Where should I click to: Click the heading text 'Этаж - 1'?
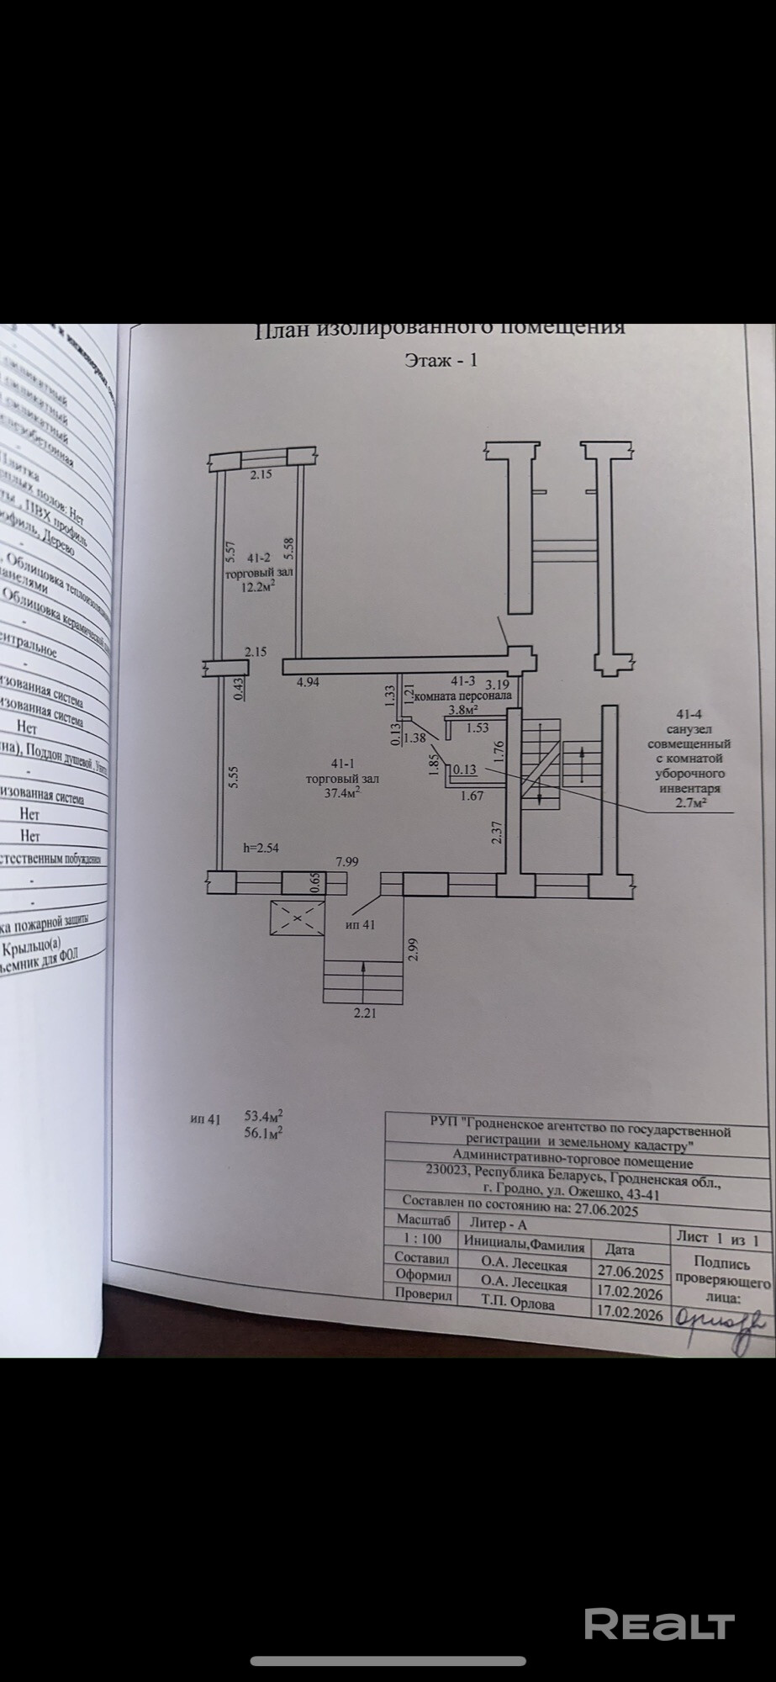pyautogui.click(x=441, y=360)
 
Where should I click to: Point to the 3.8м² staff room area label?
pyautogui.click(x=462, y=709)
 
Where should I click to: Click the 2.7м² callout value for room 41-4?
pyautogui.click(x=689, y=804)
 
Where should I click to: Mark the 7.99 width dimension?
pyautogui.click(x=347, y=861)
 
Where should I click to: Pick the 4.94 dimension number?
pyautogui.click(x=308, y=682)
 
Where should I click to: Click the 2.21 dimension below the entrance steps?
pyautogui.click(x=364, y=1013)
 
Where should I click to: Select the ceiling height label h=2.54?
pyautogui.click(x=260, y=848)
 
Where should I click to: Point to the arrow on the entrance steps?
pyautogui.click(x=363, y=977)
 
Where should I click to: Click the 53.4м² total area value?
pyautogui.click(x=263, y=1116)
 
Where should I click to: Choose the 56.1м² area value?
pyautogui.click(x=263, y=1132)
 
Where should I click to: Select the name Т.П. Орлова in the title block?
pyautogui.click(x=518, y=1304)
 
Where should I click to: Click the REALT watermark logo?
pyautogui.click(x=659, y=1623)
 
